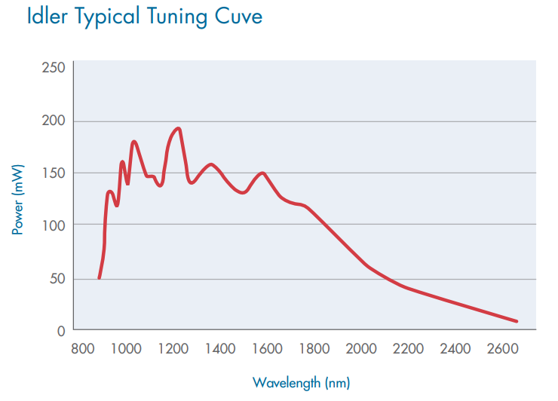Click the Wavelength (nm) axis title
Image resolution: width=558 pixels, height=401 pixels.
(x=302, y=382)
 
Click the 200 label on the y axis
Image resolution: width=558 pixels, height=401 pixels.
(x=54, y=121)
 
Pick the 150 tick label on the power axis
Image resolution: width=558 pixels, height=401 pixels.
(x=54, y=173)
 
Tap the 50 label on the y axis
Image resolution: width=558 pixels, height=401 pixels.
(x=57, y=278)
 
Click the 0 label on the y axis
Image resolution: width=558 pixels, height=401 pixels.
(x=61, y=330)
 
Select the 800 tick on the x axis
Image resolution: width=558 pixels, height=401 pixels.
(x=82, y=348)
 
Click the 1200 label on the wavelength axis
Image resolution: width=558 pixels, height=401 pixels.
(x=173, y=348)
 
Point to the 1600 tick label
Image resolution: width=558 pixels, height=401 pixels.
(x=268, y=348)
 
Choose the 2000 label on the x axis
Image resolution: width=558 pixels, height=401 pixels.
(x=361, y=348)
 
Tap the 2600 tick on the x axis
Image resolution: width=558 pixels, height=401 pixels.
(x=502, y=348)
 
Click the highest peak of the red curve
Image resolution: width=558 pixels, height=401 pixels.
(x=178, y=128)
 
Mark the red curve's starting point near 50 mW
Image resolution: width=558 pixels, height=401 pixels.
(x=99, y=278)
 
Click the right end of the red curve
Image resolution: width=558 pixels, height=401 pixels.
(x=517, y=321)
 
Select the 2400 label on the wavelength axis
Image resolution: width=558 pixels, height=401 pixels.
(x=455, y=348)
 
